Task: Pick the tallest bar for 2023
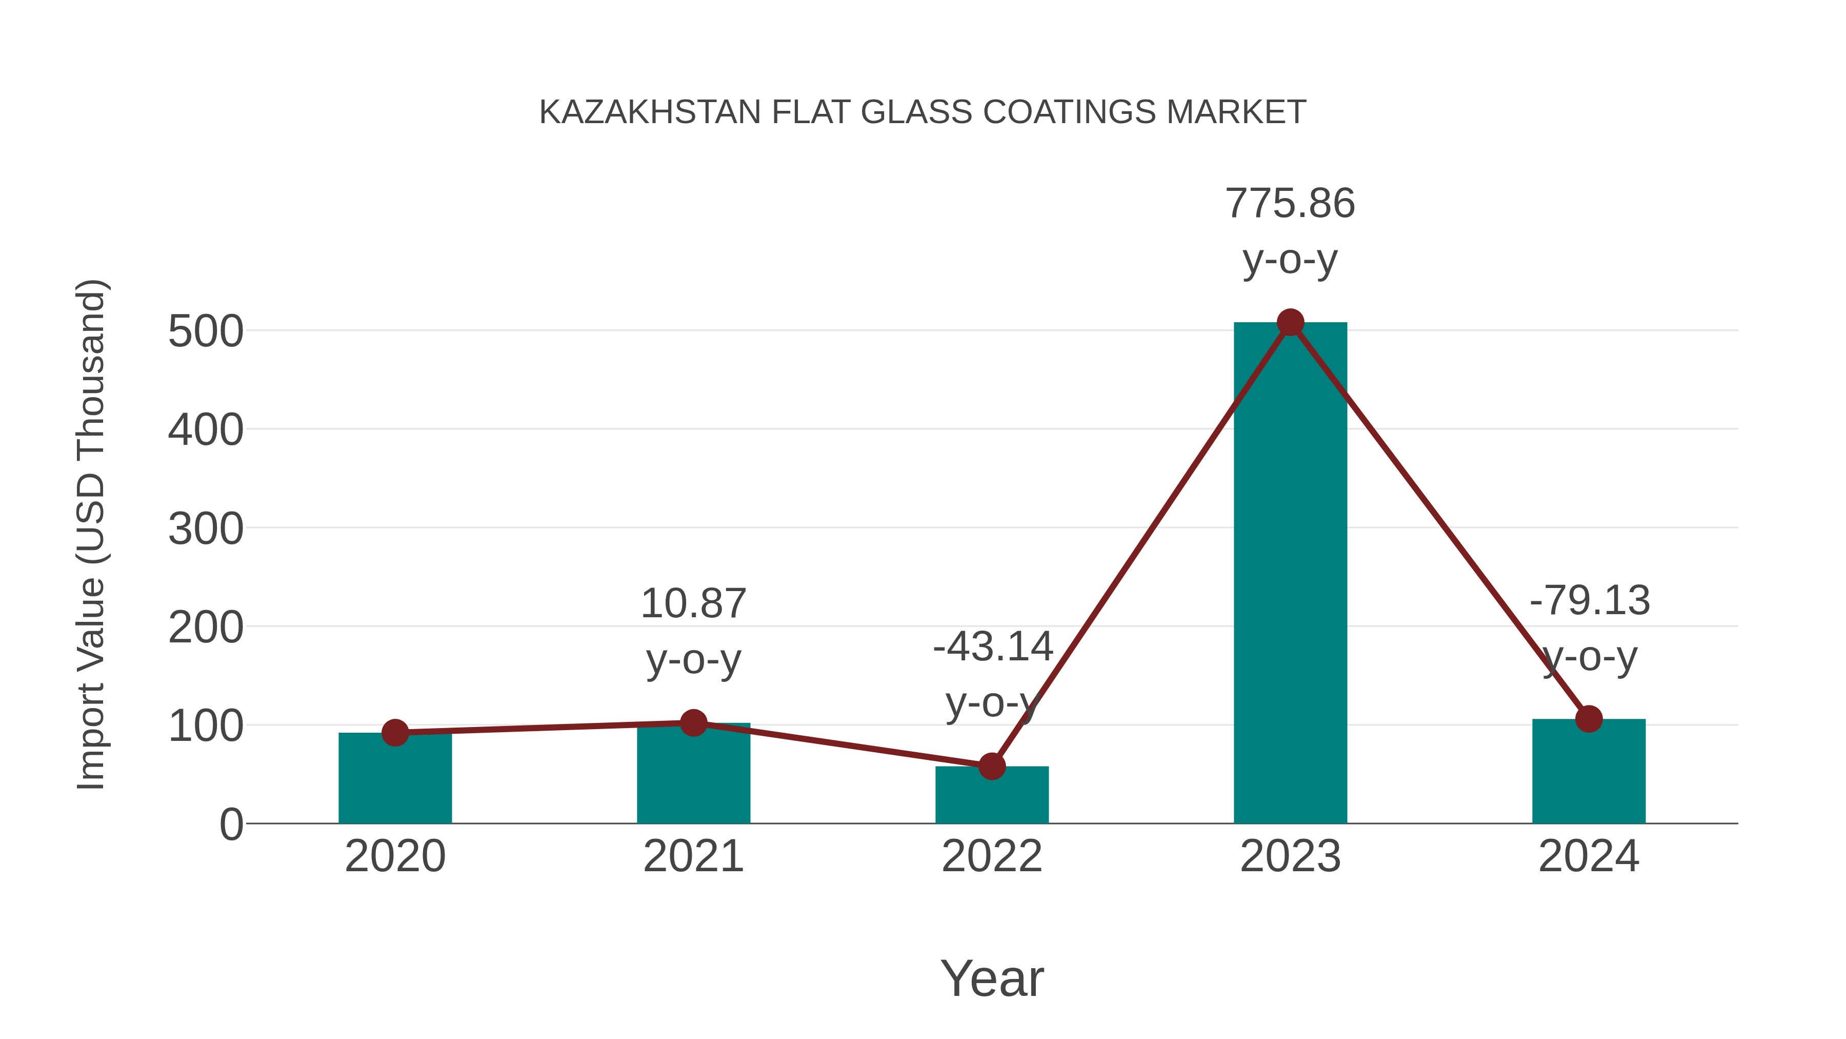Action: [x=1290, y=574]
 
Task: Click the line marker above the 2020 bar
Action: [x=395, y=733]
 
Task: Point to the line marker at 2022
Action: [x=991, y=767]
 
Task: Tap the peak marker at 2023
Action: [x=1290, y=323]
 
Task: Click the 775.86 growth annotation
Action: [x=1290, y=204]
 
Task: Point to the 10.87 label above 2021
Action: [x=693, y=604]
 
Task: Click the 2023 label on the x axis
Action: [x=1290, y=856]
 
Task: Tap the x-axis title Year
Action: [x=992, y=979]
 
